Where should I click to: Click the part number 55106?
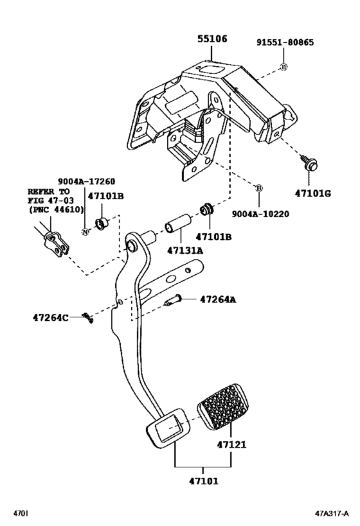[212, 40]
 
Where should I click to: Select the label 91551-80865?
[287, 43]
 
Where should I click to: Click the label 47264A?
[218, 299]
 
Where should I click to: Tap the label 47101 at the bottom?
[204, 478]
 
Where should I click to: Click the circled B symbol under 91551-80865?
[283, 67]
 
